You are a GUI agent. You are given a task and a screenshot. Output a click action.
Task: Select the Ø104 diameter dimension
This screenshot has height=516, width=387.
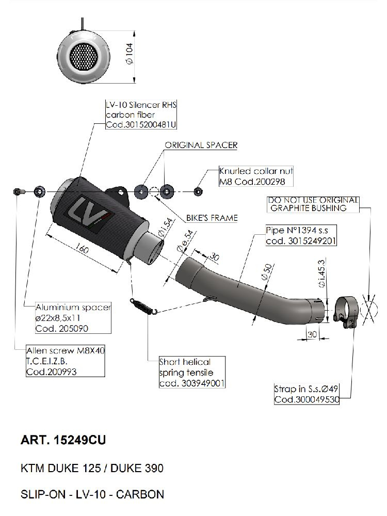point(130,54)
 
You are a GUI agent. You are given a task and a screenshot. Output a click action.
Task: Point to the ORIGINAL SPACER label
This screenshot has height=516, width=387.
point(201,145)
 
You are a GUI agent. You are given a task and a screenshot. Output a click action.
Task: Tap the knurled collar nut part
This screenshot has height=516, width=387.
point(198,191)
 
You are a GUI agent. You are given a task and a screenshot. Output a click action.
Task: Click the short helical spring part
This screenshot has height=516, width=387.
point(142,307)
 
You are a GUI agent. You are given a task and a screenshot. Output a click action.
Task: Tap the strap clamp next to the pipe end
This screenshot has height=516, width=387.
point(344,309)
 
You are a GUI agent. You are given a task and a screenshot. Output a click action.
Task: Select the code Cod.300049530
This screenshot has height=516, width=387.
point(307,399)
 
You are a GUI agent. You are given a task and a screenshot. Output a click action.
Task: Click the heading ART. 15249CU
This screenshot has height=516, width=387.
point(64,440)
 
